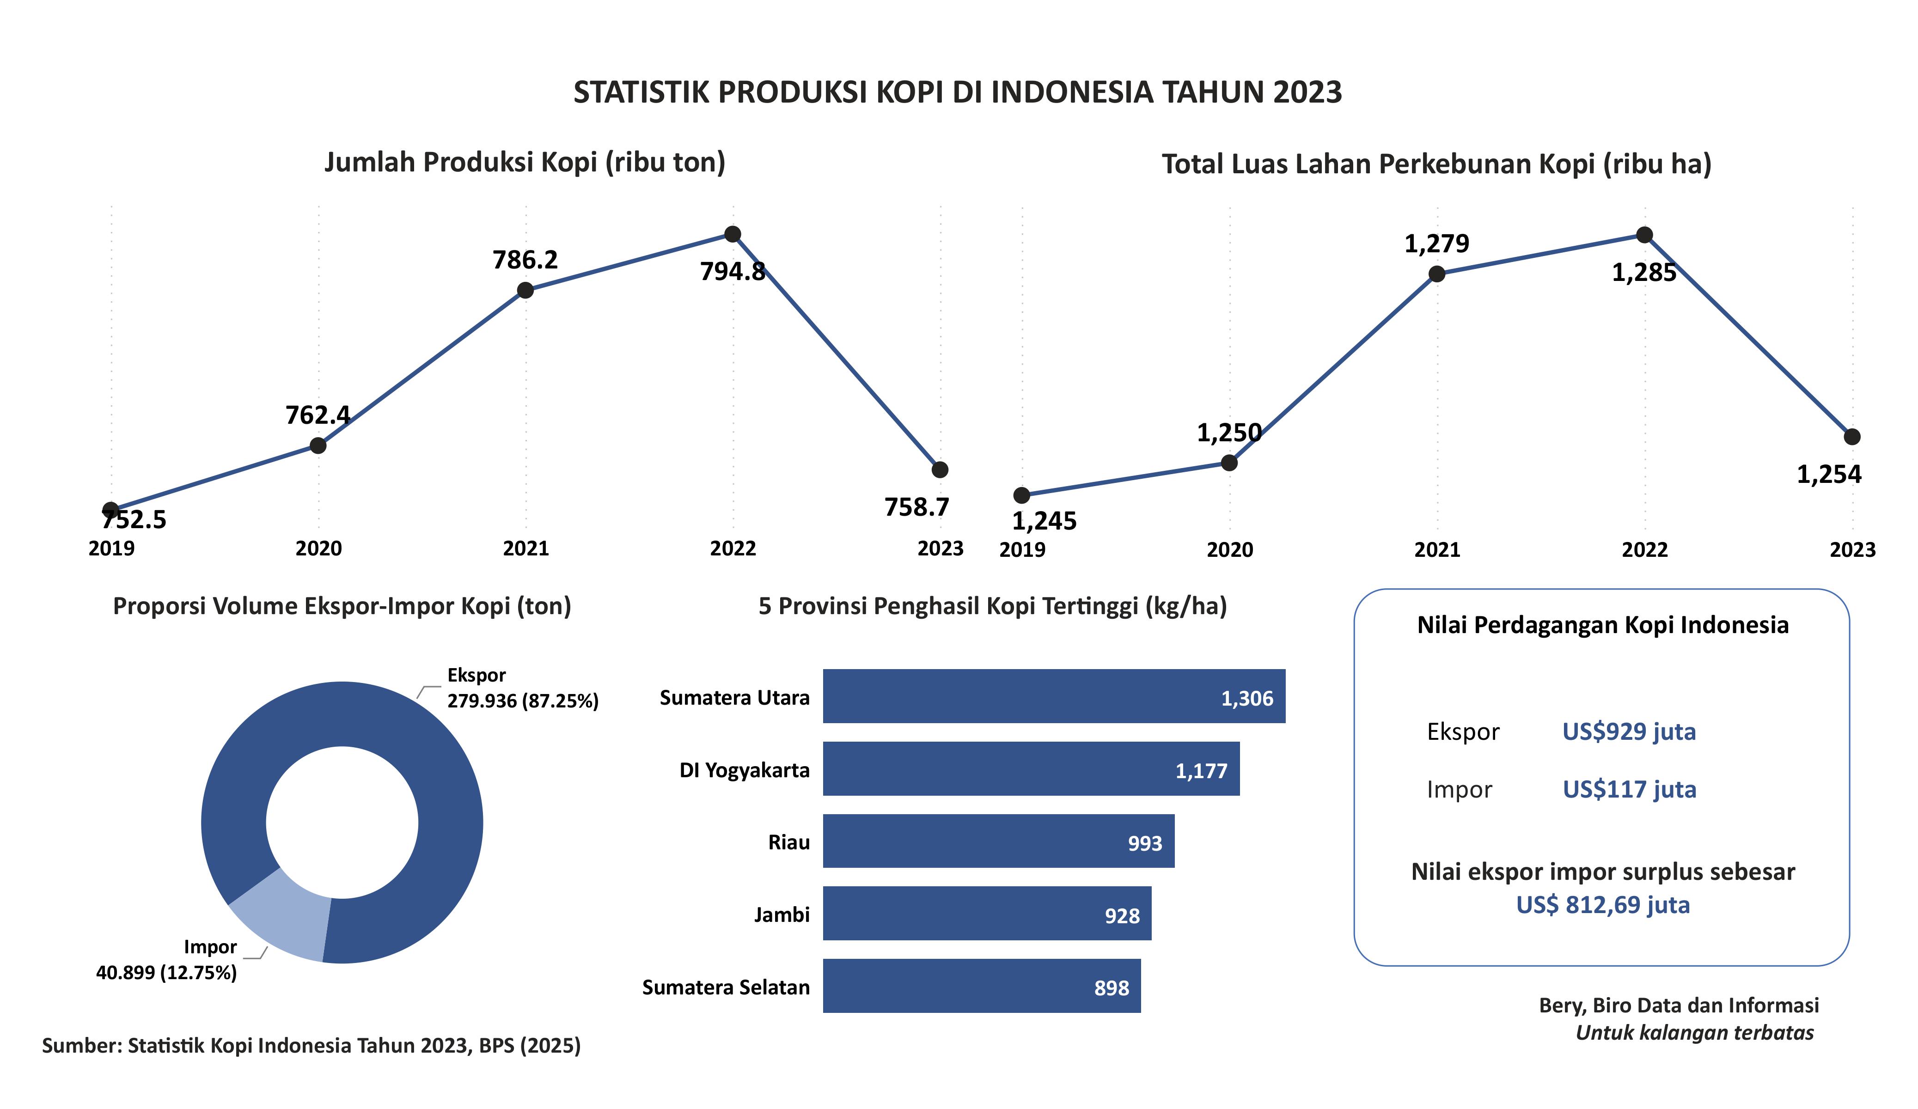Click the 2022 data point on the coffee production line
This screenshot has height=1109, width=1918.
point(732,234)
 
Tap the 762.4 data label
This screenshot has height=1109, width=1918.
point(318,415)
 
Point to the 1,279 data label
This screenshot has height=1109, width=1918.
point(1436,244)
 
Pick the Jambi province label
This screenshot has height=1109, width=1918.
point(782,914)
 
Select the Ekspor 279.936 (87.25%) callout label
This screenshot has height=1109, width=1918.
point(522,688)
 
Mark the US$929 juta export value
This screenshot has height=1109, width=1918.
point(1629,731)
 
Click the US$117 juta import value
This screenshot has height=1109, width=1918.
point(1629,789)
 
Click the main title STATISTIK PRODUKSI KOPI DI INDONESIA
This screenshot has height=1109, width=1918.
point(958,92)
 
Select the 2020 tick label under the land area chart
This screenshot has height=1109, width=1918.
point(1229,549)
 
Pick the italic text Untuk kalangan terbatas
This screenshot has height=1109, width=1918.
point(1694,1033)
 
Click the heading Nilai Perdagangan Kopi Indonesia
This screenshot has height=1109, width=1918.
point(1602,625)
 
